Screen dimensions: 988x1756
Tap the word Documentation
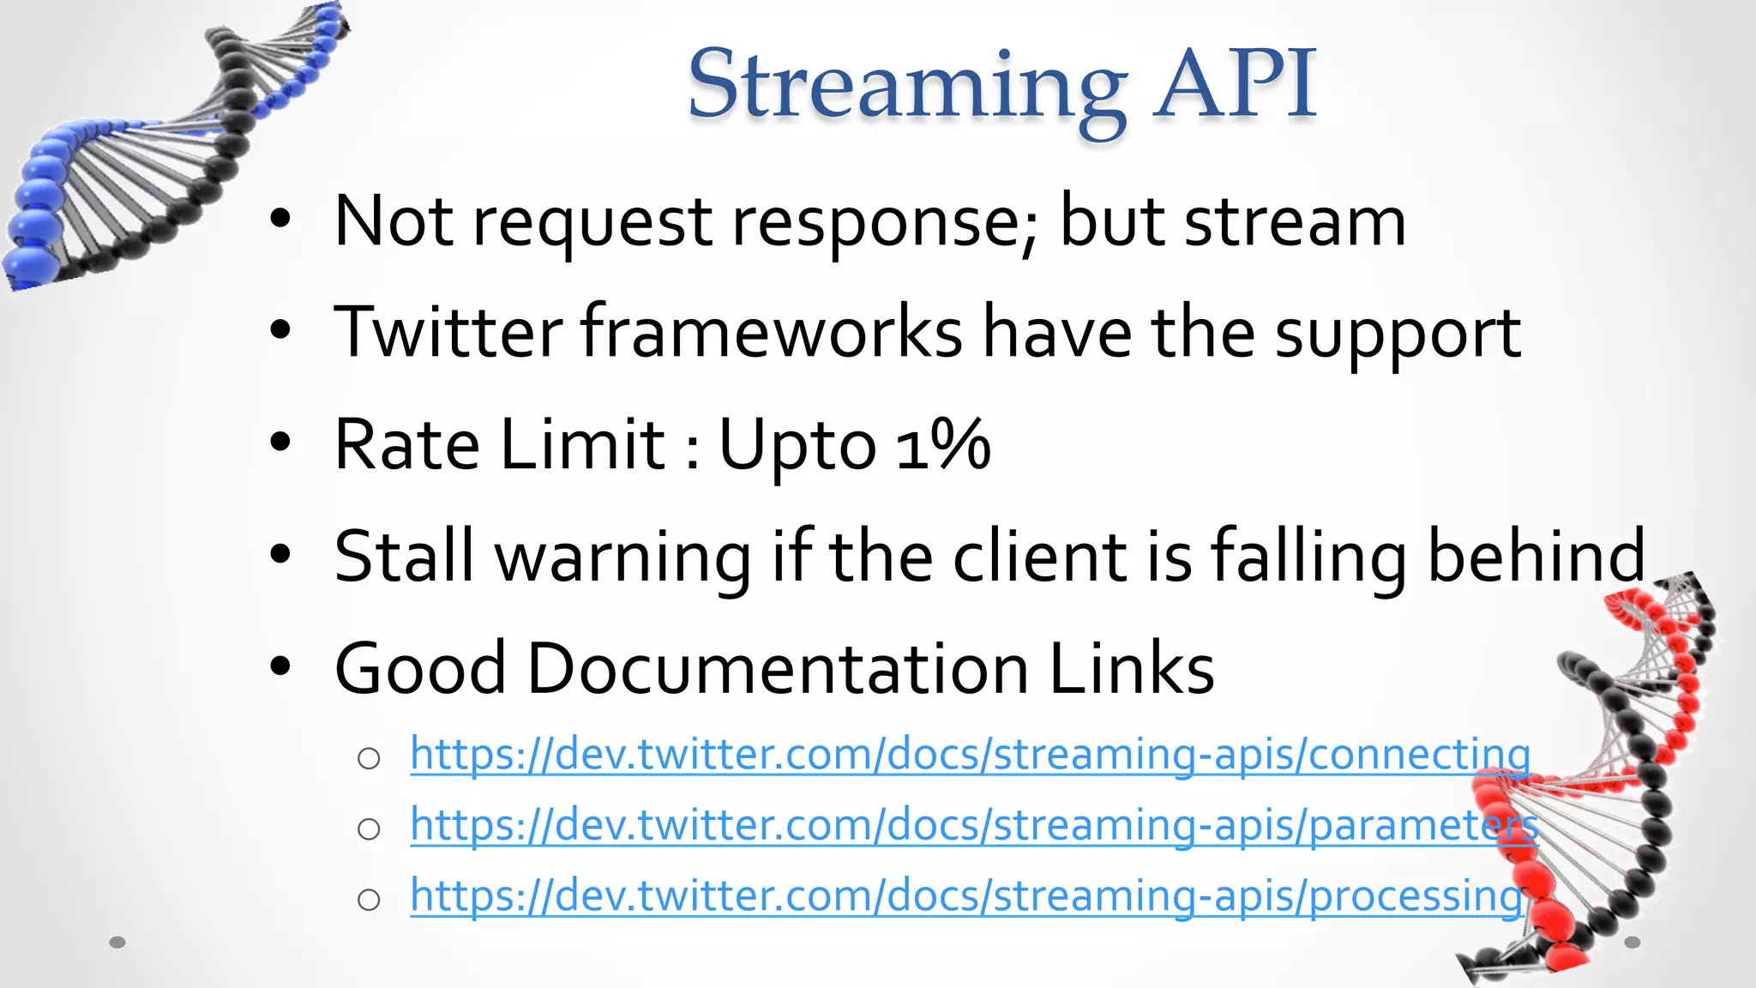pos(777,668)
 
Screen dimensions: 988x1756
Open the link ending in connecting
pos(970,755)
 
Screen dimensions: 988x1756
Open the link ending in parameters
pos(973,825)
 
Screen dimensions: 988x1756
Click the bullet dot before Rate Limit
pos(280,443)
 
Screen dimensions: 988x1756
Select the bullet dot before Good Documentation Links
pos(280,666)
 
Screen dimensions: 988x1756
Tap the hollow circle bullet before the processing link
pos(369,900)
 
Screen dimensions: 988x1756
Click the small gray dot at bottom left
pos(117,943)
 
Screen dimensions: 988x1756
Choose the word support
pos(1398,334)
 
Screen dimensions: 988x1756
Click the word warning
pos(623,557)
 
